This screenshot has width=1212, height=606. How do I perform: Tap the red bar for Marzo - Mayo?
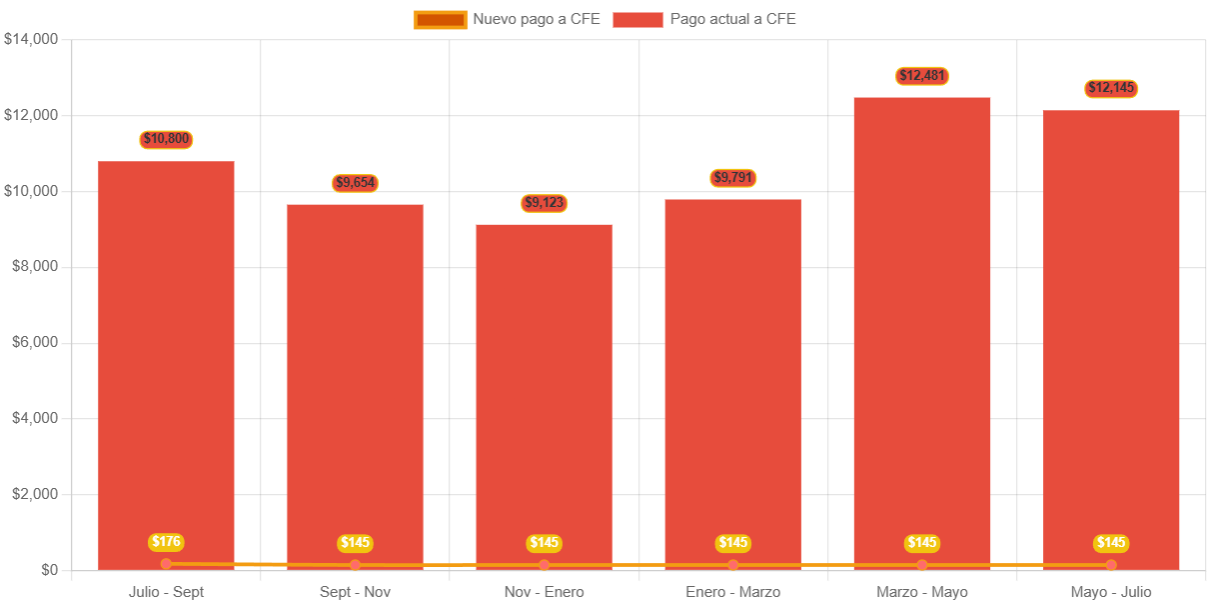tap(921, 330)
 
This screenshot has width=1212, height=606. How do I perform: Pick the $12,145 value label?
tap(1111, 88)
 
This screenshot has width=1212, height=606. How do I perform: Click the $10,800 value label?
tap(166, 139)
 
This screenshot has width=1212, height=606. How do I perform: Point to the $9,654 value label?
tap(355, 183)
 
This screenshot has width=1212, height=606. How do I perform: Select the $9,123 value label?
tap(544, 203)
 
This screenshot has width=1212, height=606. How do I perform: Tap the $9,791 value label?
tap(733, 178)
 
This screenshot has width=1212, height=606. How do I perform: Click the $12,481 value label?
tap(921, 76)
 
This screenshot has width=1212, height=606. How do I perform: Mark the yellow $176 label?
tap(166, 542)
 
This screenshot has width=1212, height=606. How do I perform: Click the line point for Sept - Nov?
tap(355, 565)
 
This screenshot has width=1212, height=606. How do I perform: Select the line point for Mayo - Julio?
tap(1111, 565)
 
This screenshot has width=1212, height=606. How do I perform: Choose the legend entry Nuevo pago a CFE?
tap(508, 19)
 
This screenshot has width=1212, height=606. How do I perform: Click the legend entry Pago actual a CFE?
tap(704, 19)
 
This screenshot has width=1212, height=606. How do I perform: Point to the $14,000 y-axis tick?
tap(32, 39)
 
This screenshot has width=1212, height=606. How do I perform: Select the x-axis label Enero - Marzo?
tap(733, 592)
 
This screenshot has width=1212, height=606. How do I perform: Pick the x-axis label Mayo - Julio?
tap(1111, 592)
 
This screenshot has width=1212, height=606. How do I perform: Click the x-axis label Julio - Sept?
tap(166, 592)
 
